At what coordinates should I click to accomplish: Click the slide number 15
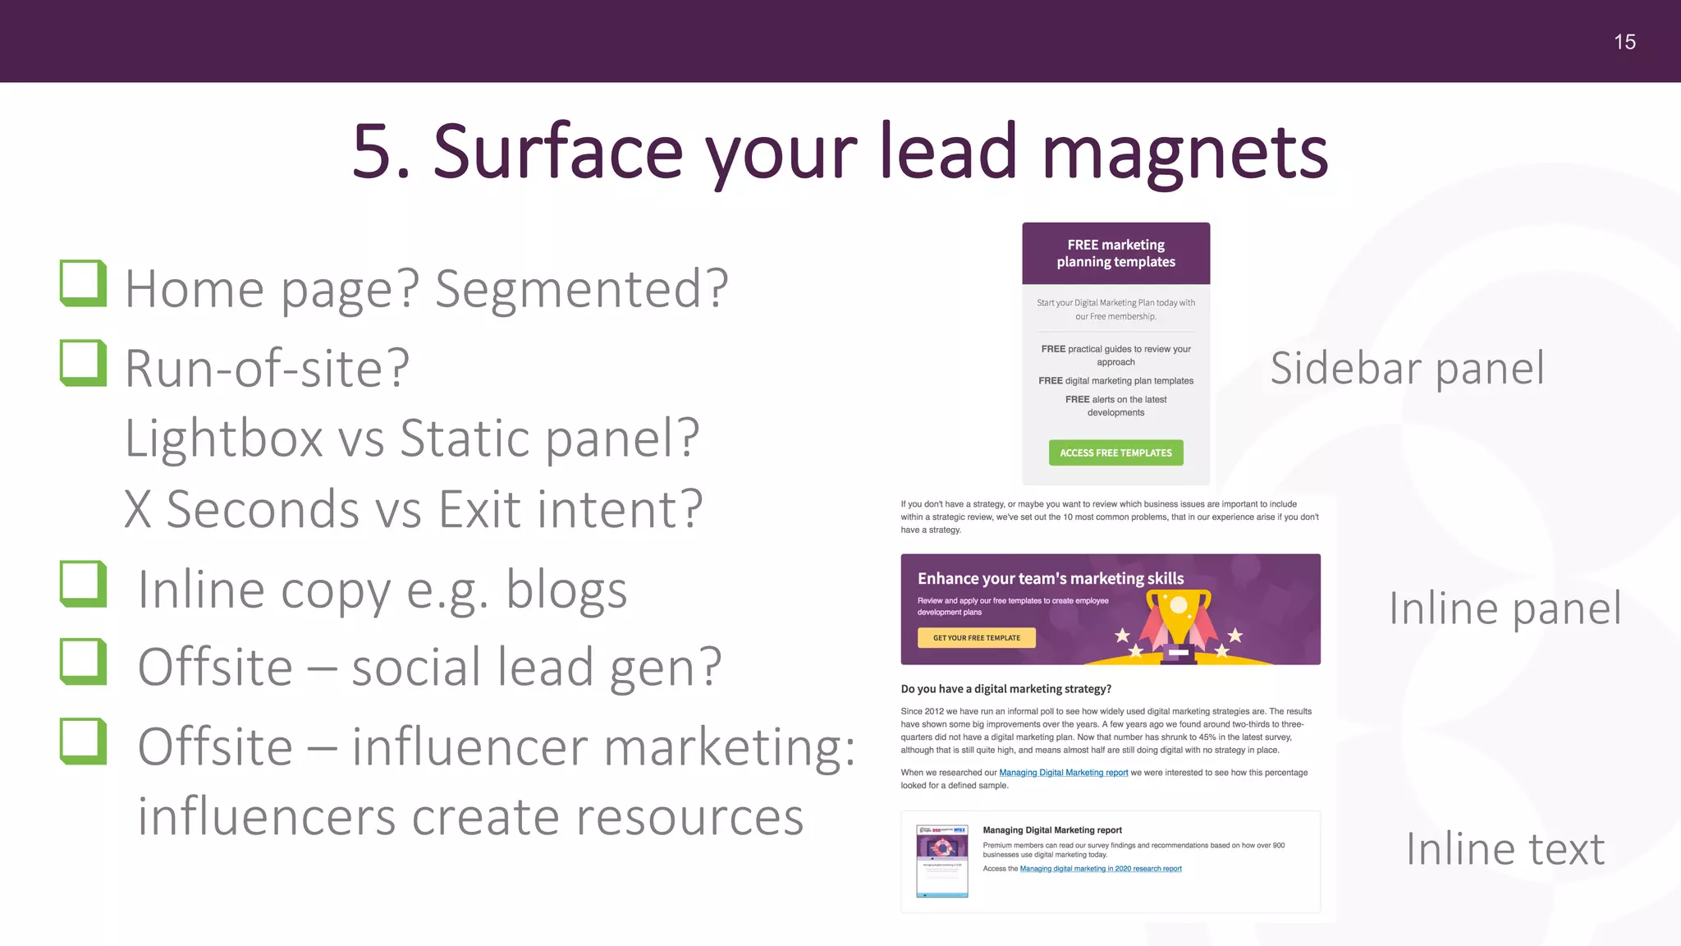click(1624, 42)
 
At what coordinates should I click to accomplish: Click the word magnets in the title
click(1184, 152)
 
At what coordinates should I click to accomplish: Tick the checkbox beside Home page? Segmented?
click(84, 283)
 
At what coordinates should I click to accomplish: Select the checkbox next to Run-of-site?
click(84, 363)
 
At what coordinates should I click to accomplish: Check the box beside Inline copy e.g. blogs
click(84, 584)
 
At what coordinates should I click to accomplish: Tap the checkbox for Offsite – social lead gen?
click(84, 662)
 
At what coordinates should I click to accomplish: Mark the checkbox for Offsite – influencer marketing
click(84, 742)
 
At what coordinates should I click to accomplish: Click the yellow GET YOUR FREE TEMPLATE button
click(976, 638)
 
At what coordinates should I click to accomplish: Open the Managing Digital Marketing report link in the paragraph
click(1063, 773)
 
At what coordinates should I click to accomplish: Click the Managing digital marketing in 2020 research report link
click(1100, 869)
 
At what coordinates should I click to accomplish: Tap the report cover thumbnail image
click(941, 861)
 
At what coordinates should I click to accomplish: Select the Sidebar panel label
click(1407, 368)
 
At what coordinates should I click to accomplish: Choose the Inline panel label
click(1505, 608)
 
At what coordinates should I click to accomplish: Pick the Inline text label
click(1505, 849)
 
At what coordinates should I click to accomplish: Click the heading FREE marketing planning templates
click(1115, 253)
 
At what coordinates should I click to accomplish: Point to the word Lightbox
click(223, 438)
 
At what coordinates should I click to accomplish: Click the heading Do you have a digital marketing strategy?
click(1005, 689)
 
